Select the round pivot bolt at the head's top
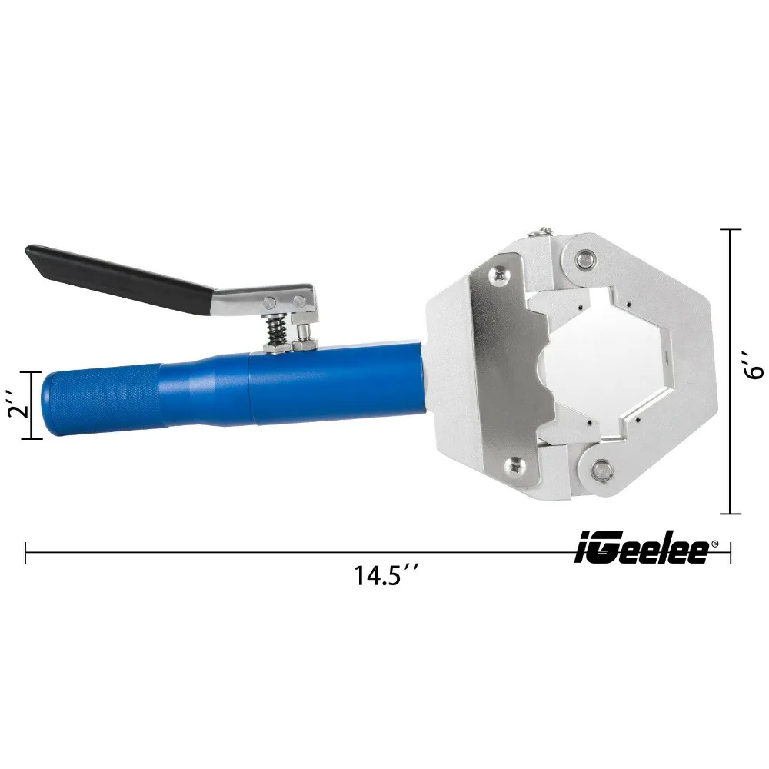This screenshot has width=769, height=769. pos(587,259)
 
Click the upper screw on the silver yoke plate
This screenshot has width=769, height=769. pos(502,271)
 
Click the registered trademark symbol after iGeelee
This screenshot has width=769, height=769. pos(714,543)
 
